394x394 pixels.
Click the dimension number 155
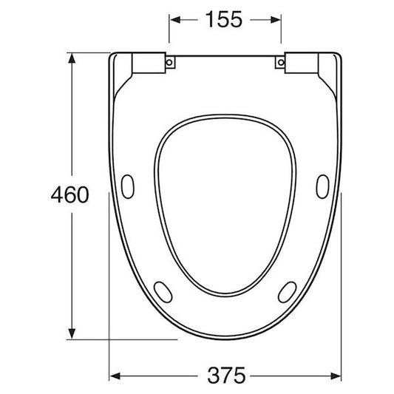[224, 20]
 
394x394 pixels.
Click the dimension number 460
[69, 194]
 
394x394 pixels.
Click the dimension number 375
[226, 376]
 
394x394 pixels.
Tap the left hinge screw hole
[169, 62]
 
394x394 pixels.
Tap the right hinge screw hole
[281, 62]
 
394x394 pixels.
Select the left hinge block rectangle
[149, 63]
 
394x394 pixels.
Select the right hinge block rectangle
[302, 63]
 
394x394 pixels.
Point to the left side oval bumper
[128, 186]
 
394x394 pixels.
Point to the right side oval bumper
[322, 186]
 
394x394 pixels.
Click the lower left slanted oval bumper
[163, 292]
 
